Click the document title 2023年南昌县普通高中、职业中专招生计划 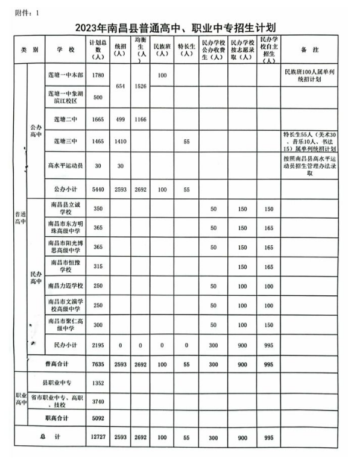point(179,28)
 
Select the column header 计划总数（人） point(98,49)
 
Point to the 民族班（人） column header point(162,49)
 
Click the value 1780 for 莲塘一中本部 point(98,75)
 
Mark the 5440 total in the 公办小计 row point(98,189)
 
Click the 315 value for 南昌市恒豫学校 point(98,266)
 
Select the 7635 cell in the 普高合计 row point(98,363)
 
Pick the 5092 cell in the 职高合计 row point(98,417)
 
